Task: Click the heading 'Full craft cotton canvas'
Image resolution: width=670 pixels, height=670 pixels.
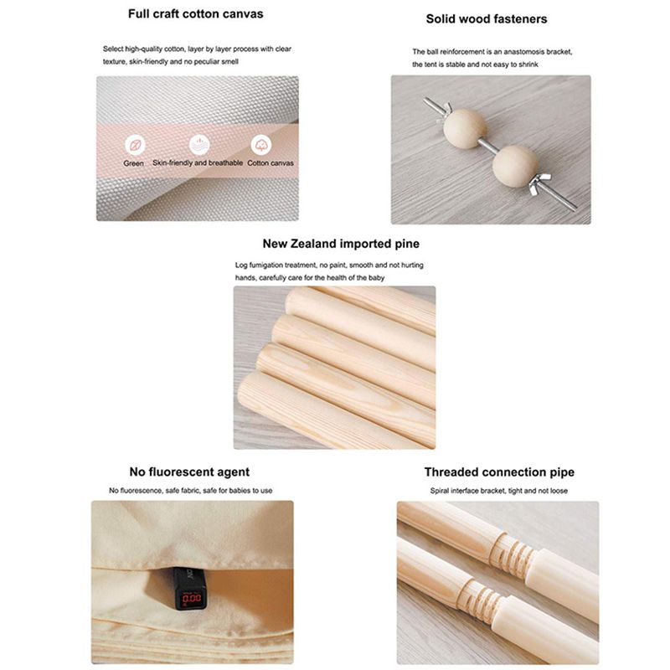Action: tap(196, 14)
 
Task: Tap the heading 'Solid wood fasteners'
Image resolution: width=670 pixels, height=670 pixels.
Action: tap(487, 18)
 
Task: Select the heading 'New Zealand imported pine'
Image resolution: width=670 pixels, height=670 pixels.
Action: tap(341, 244)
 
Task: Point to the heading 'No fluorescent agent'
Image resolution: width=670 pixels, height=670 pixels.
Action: tap(189, 472)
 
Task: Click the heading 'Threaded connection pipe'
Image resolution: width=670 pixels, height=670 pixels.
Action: tap(499, 472)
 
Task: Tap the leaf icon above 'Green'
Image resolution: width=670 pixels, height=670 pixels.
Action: tap(135, 145)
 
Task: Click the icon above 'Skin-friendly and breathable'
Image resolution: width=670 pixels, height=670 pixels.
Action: tap(199, 144)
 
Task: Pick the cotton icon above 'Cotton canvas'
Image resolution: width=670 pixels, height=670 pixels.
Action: tap(260, 144)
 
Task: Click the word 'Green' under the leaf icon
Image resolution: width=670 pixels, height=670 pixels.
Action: tap(133, 163)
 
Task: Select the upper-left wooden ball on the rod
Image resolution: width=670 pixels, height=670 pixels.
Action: tap(465, 129)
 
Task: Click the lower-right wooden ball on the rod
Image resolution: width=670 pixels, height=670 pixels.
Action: tap(514, 167)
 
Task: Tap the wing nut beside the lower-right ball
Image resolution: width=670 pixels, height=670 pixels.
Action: tap(540, 182)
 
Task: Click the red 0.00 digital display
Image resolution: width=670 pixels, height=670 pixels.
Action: tap(191, 597)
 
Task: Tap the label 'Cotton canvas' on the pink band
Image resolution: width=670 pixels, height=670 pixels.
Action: tap(271, 163)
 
